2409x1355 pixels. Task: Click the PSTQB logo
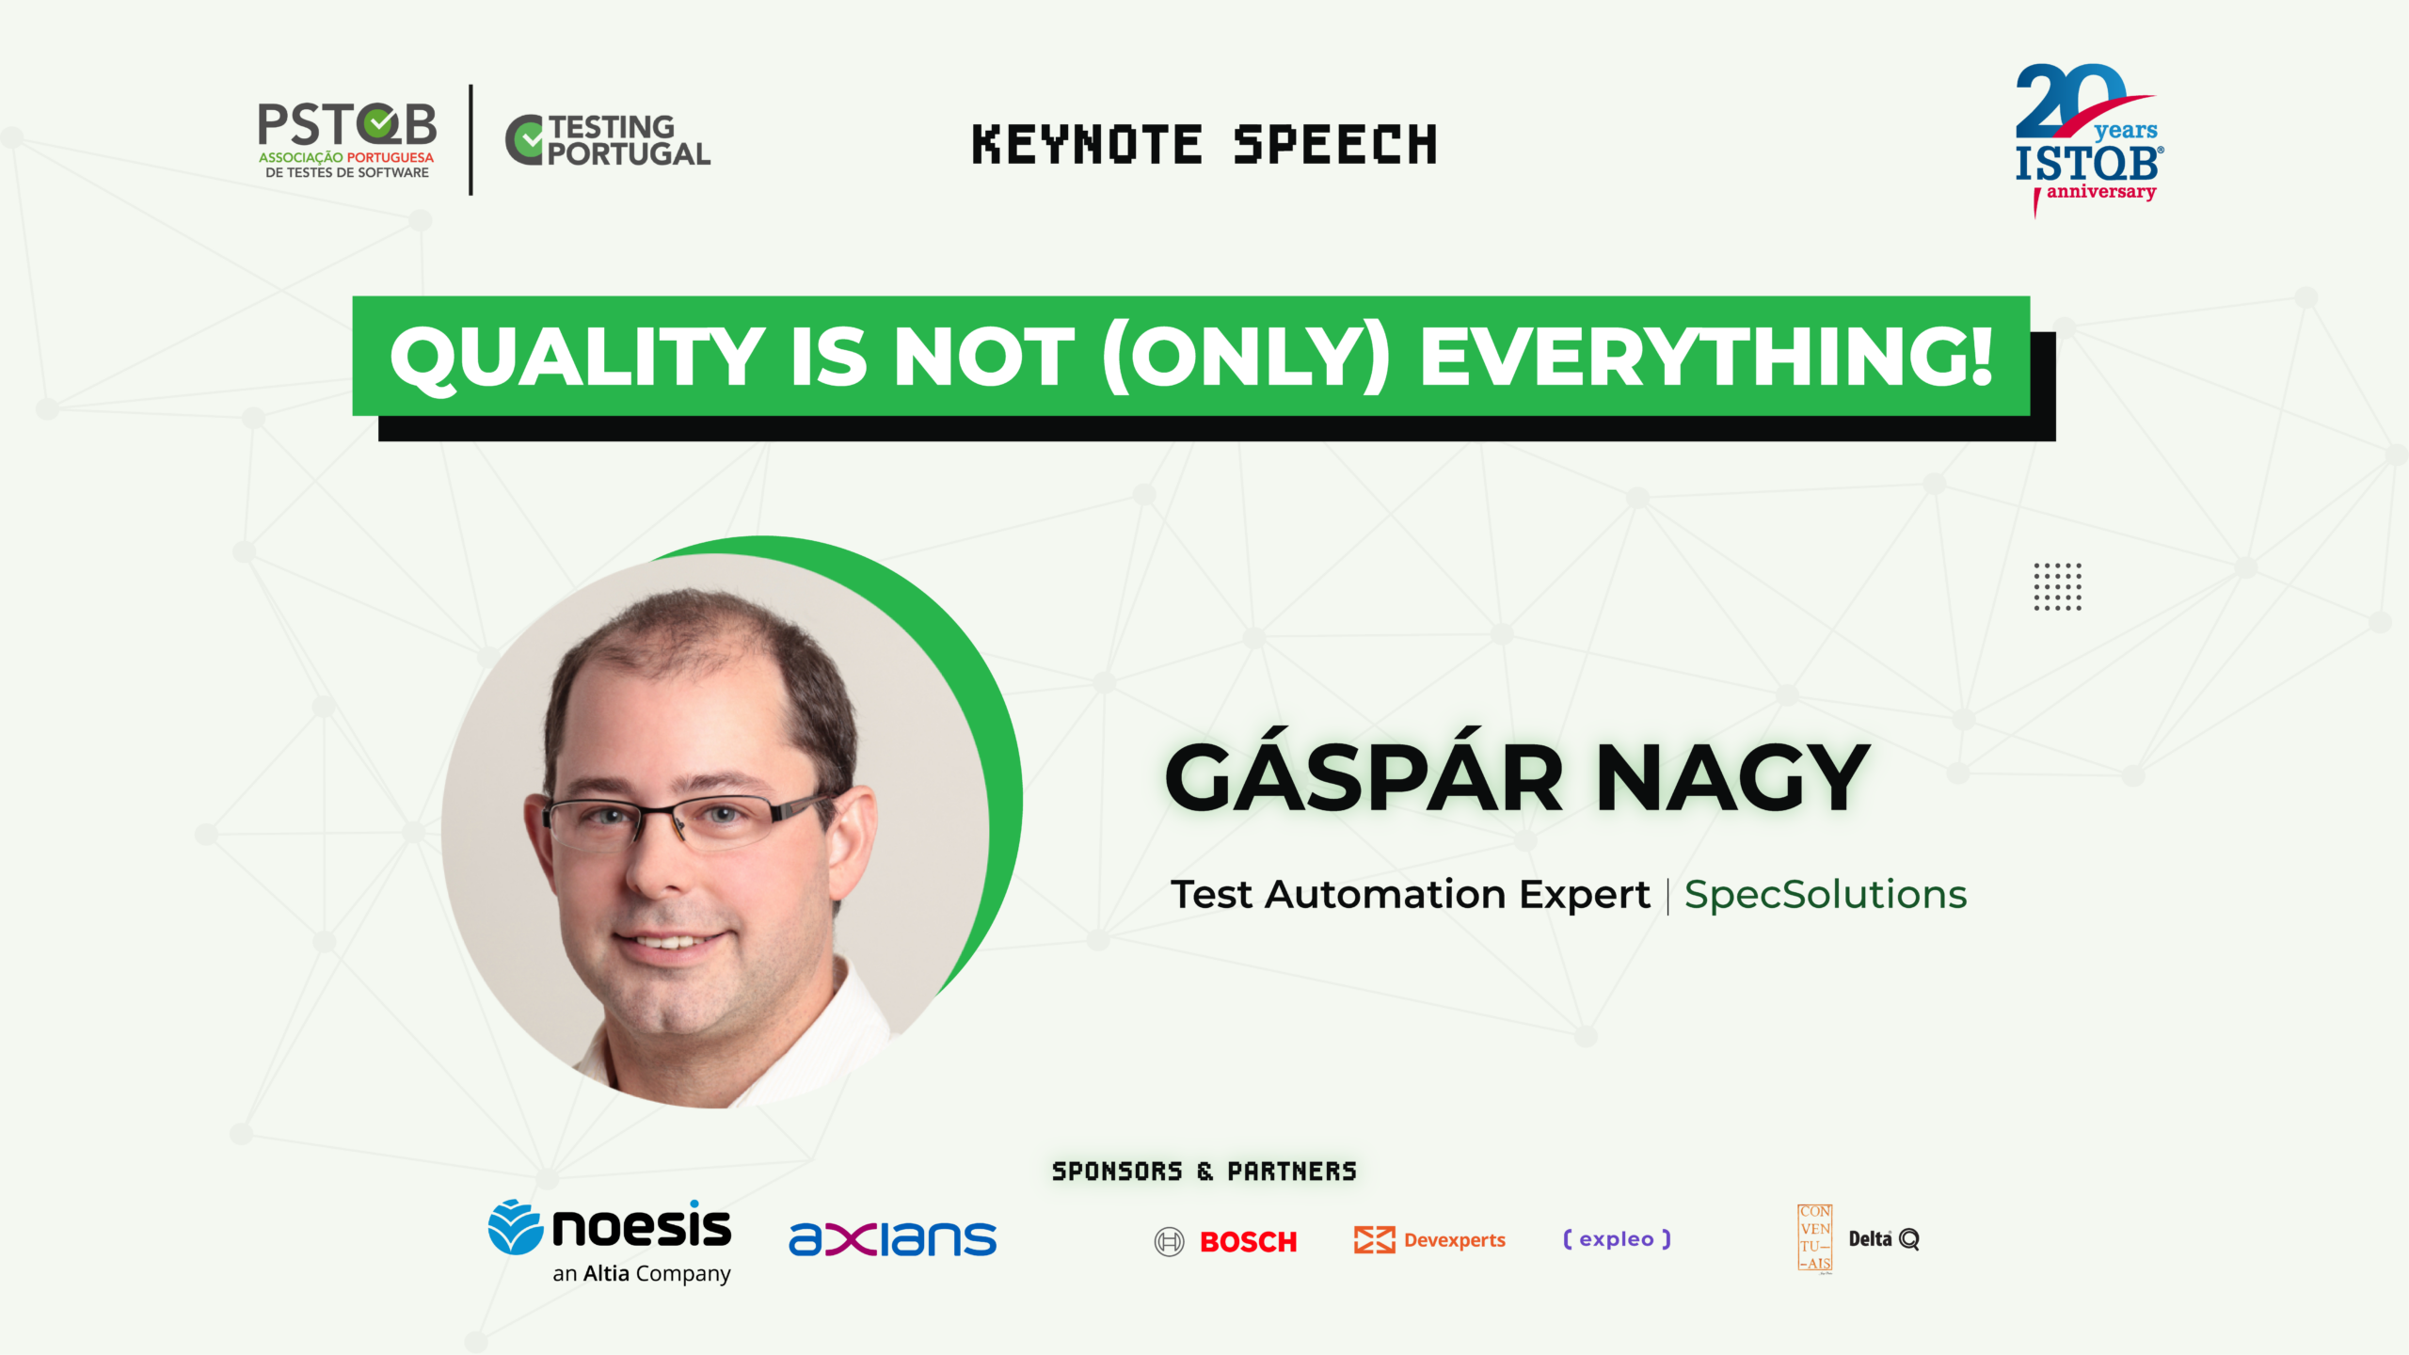347,140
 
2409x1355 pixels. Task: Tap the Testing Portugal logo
608,141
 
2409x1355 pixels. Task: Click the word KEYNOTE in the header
1087,145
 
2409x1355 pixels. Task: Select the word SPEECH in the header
1335,145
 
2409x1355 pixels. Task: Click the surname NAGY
1732,777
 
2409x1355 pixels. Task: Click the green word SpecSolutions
1826,895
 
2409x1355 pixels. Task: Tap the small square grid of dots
2057,587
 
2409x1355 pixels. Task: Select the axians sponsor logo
892,1239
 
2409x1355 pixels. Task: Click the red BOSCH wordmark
1248,1242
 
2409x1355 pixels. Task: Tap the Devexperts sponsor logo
1429,1240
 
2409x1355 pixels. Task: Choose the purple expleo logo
1617,1239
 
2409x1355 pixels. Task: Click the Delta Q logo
1884,1239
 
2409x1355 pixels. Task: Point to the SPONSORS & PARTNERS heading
1204,1172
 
